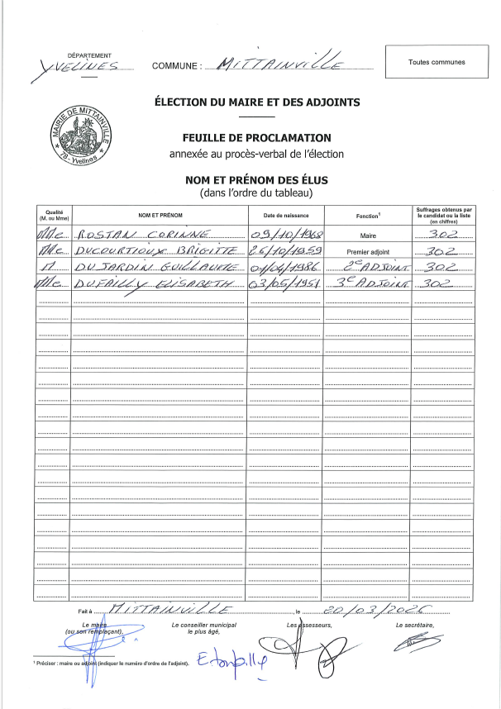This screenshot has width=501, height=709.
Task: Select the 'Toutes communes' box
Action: pos(437,62)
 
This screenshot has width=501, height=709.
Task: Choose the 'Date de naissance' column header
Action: pos(285,215)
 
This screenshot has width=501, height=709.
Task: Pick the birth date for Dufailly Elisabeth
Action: pos(285,284)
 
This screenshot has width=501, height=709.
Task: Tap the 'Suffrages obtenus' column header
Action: pos(444,215)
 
